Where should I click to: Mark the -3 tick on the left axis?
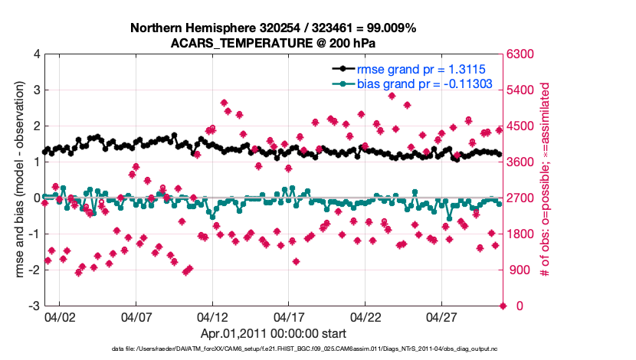(x=34, y=306)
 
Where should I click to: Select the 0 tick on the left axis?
(x=36, y=198)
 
